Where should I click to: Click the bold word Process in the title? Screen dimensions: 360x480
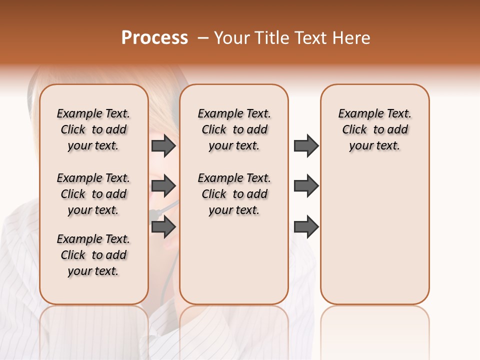154,38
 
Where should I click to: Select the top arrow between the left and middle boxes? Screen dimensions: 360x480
163,145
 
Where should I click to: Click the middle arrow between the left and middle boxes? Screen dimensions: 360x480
163,186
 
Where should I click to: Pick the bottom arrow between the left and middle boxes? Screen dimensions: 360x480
163,227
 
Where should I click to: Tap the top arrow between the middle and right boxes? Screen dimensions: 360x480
306,145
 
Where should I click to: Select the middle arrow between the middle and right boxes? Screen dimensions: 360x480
306,186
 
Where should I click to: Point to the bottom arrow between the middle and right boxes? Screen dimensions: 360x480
306,227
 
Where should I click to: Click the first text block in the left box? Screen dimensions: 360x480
93,129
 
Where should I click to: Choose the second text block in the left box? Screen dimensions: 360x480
93,194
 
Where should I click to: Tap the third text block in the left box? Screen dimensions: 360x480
93,255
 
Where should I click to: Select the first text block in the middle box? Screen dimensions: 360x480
234,129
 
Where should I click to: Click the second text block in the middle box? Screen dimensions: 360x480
234,194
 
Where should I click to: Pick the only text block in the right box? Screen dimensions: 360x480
374,129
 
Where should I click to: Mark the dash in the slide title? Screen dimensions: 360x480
203,38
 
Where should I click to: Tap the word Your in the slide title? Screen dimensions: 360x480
231,38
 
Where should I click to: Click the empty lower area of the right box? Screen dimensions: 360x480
374,235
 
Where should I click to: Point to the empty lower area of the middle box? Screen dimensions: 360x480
234,260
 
